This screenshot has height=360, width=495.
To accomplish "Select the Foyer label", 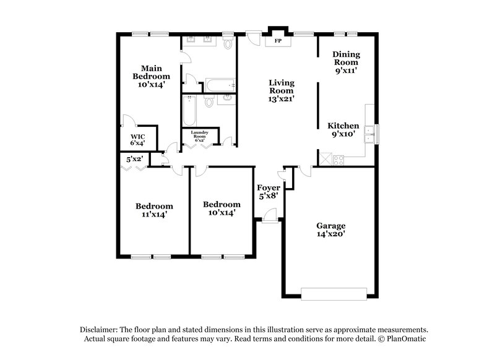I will click(x=268, y=187).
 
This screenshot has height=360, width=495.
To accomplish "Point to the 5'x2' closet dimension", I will click(x=135, y=159).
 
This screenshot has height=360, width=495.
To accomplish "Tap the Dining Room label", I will click(x=346, y=58).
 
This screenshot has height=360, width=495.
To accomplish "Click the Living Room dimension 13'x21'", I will click(x=281, y=98).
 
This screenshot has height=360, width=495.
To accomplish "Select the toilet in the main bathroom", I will click(x=228, y=43).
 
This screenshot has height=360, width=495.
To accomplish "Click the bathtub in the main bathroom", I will click(x=220, y=85).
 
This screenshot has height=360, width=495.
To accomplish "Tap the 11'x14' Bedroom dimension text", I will click(x=154, y=215).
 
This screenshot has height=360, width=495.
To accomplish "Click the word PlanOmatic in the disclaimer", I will click(x=406, y=339).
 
